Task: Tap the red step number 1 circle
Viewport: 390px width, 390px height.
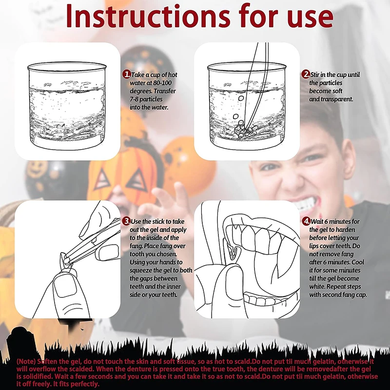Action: point(127,74)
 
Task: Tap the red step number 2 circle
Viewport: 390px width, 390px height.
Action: point(306,74)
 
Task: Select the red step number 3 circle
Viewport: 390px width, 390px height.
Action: point(127,221)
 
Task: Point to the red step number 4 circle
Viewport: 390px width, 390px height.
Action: point(306,221)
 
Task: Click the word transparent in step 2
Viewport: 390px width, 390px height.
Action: point(337,99)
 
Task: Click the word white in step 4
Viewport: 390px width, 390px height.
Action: point(317,287)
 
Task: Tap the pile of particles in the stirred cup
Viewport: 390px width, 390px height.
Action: point(245,130)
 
